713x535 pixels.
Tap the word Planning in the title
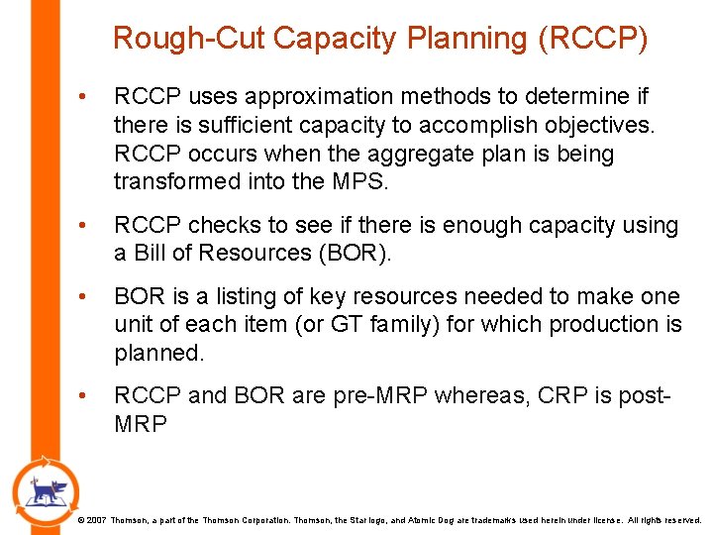pos(468,39)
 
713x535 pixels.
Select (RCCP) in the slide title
pos(592,39)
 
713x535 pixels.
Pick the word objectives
pos(597,126)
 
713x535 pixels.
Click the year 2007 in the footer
pos(96,519)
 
